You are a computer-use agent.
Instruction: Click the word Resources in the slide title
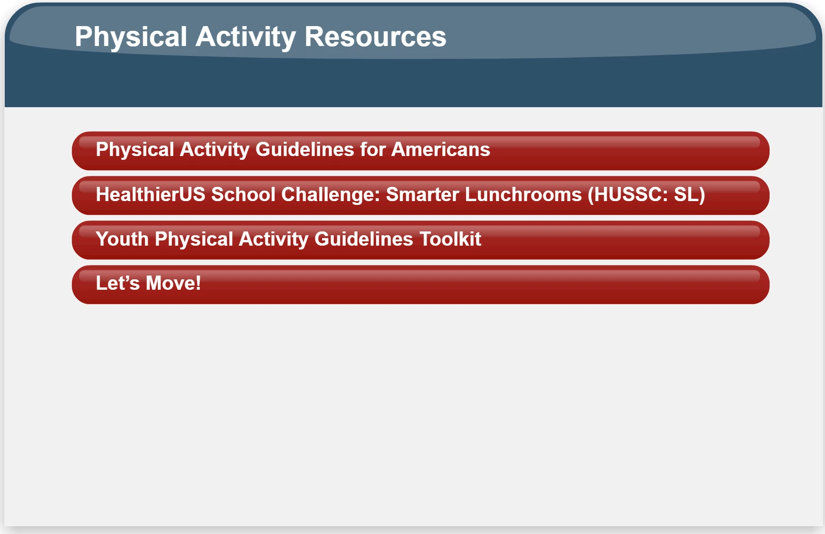pos(375,37)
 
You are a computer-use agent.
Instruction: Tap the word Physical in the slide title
pos(131,37)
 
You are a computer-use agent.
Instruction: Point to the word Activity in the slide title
pos(246,37)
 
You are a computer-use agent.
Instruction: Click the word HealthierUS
pos(151,194)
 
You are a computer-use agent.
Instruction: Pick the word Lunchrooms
pos(523,194)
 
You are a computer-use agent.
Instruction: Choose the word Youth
pos(122,239)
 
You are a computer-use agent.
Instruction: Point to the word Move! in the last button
pos(173,283)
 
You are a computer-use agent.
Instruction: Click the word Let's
pos(118,283)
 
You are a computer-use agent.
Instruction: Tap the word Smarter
pos(422,194)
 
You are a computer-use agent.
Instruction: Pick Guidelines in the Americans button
pos(305,149)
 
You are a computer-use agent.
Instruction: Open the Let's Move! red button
pos(421,285)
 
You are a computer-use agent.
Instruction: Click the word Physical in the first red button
pos(135,150)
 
